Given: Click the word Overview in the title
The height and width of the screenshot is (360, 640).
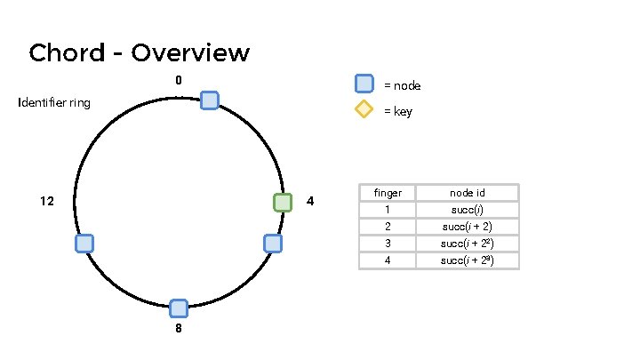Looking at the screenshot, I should (x=190, y=53).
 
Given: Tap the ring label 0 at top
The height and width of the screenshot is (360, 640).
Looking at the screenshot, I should (x=179, y=81).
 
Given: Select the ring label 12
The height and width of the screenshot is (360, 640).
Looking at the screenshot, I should (x=47, y=202).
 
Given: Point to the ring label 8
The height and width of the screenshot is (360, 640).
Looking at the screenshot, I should (x=179, y=328).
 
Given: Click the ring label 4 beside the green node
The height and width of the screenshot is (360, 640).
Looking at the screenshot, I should (x=309, y=202).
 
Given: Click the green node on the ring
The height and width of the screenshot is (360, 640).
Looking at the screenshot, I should (x=283, y=202).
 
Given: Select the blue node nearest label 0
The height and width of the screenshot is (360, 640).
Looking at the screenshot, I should (x=210, y=100).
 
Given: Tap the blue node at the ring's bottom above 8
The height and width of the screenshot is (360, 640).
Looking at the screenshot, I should (x=179, y=308).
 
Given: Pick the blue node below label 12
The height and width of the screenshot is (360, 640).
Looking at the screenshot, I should (x=84, y=243).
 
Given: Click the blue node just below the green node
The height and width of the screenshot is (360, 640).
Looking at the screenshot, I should (x=273, y=243).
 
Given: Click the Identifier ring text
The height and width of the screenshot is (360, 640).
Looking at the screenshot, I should (x=54, y=103).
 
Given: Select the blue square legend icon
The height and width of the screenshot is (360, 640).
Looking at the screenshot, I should (x=364, y=84).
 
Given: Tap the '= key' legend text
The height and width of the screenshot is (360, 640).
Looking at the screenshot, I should (x=397, y=112).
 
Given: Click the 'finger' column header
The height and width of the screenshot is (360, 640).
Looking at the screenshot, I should (x=388, y=193).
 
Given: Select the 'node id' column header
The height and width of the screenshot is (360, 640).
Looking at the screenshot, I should (x=468, y=193).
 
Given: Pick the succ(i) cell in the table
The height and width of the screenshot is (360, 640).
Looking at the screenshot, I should (x=468, y=210).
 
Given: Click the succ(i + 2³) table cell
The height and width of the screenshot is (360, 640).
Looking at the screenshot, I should (x=468, y=260).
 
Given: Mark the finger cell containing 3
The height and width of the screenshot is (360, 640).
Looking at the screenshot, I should (x=388, y=244).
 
